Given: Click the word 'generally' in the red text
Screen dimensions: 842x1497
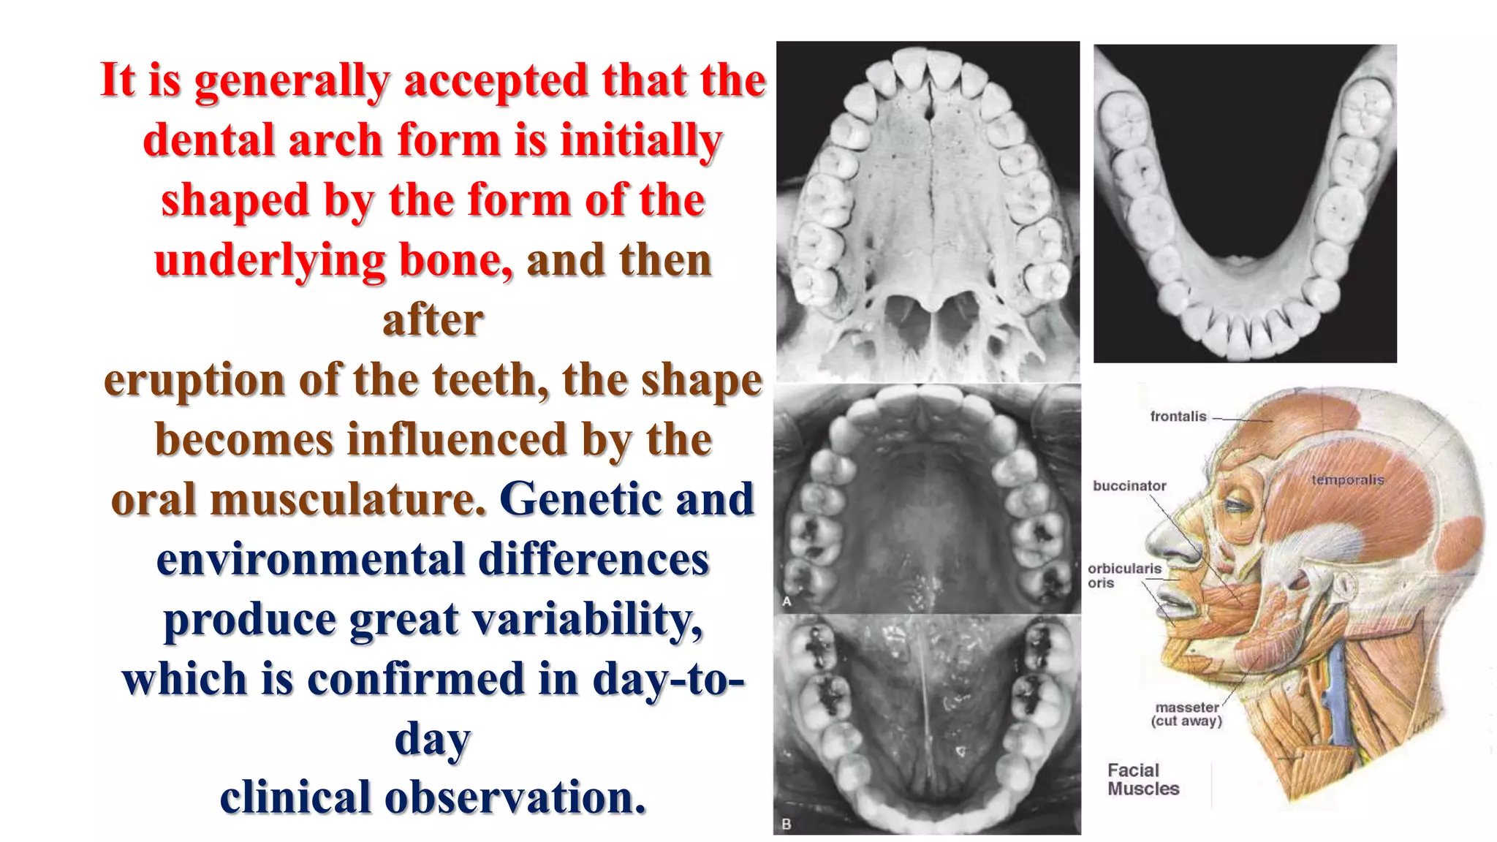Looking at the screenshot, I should pyautogui.click(x=291, y=80).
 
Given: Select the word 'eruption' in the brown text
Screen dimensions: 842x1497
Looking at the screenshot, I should pyautogui.click(x=194, y=380).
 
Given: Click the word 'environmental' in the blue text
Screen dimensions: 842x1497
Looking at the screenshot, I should pyautogui.click(x=311, y=560).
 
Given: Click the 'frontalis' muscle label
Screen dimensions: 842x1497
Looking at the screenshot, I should pyautogui.click(x=1178, y=417).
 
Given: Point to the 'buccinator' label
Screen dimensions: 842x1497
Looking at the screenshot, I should pyautogui.click(x=1129, y=486).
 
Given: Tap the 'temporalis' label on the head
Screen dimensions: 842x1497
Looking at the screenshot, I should pyautogui.click(x=1347, y=480).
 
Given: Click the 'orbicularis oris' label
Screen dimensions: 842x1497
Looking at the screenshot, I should pyautogui.click(x=1123, y=575).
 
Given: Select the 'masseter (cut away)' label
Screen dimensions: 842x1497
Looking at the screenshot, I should pyautogui.click(x=1186, y=714).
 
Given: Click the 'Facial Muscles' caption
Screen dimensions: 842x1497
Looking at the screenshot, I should pyautogui.click(x=1142, y=779).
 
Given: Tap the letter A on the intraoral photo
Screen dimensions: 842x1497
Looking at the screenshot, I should pyautogui.click(x=787, y=602).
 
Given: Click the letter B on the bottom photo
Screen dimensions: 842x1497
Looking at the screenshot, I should pyautogui.click(x=787, y=824).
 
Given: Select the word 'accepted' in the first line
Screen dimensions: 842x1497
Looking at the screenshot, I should pyautogui.click(x=496, y=80).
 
